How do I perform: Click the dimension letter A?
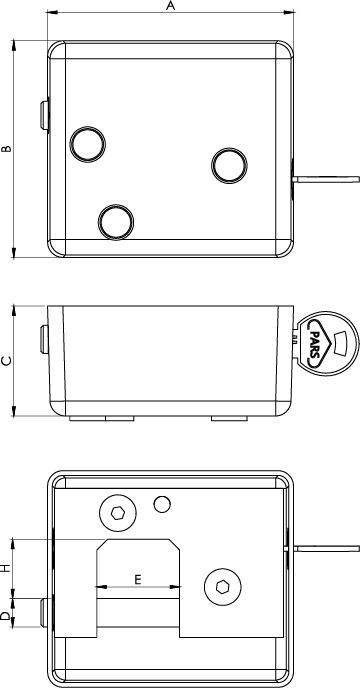[x=171, y=6]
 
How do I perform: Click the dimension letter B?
[x=7, y=149]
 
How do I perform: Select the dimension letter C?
[x=7, y=361]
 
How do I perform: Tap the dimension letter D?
[x=5, y=616]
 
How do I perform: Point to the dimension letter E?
[x=138, y=580]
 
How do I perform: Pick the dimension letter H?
[x=5, y=569]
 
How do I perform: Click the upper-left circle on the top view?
[x=88, y=144]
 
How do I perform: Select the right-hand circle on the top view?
[x=230, y=165]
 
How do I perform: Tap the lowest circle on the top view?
[x=116, y=222]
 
